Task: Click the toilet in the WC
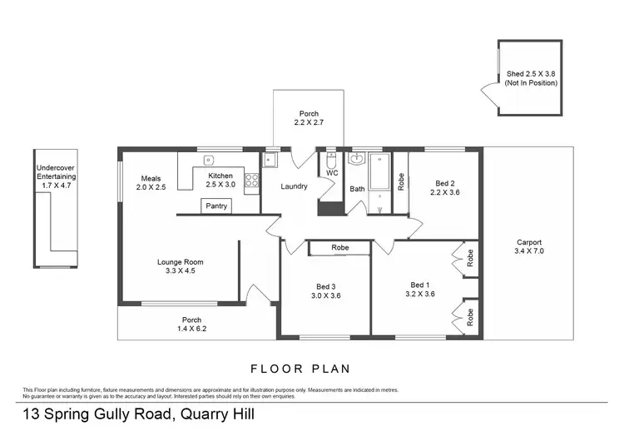[331, 164]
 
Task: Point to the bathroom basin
[358, 158]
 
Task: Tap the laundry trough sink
[270, 160]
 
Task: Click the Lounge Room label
[181, 262]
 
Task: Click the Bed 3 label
[325, 285]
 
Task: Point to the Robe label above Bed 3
[339, 247]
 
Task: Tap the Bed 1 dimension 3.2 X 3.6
[420, 294]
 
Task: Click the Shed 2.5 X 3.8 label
[530, 74]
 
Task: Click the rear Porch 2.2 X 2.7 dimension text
[308, 123]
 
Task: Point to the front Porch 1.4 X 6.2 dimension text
[191, 330]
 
